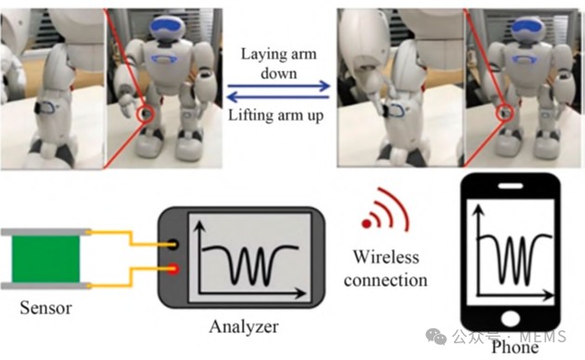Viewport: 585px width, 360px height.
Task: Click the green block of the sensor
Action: coord(46,259)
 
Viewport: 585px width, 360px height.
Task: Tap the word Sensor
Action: coord(46,308)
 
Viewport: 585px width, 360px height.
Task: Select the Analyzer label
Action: coord(244,327)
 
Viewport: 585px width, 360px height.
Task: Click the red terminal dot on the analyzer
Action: coord(173,269)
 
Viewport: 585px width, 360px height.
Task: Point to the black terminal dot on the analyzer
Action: coord(173,245)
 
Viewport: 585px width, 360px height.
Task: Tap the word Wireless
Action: coord(386,257)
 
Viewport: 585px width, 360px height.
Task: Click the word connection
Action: coord(385,280)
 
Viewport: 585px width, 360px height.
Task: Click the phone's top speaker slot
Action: coord(511,186)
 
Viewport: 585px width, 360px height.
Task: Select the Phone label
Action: coord(515,347)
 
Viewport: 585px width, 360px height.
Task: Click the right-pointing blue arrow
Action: coord(279,87)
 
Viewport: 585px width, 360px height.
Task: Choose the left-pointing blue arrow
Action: coord(278,98)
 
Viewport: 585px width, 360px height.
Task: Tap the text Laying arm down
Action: coord(279,63)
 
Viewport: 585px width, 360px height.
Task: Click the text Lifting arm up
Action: coord(275,115)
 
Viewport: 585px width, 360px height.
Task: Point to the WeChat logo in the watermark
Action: coord(436,337)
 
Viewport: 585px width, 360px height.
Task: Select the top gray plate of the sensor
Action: coord(46,232)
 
